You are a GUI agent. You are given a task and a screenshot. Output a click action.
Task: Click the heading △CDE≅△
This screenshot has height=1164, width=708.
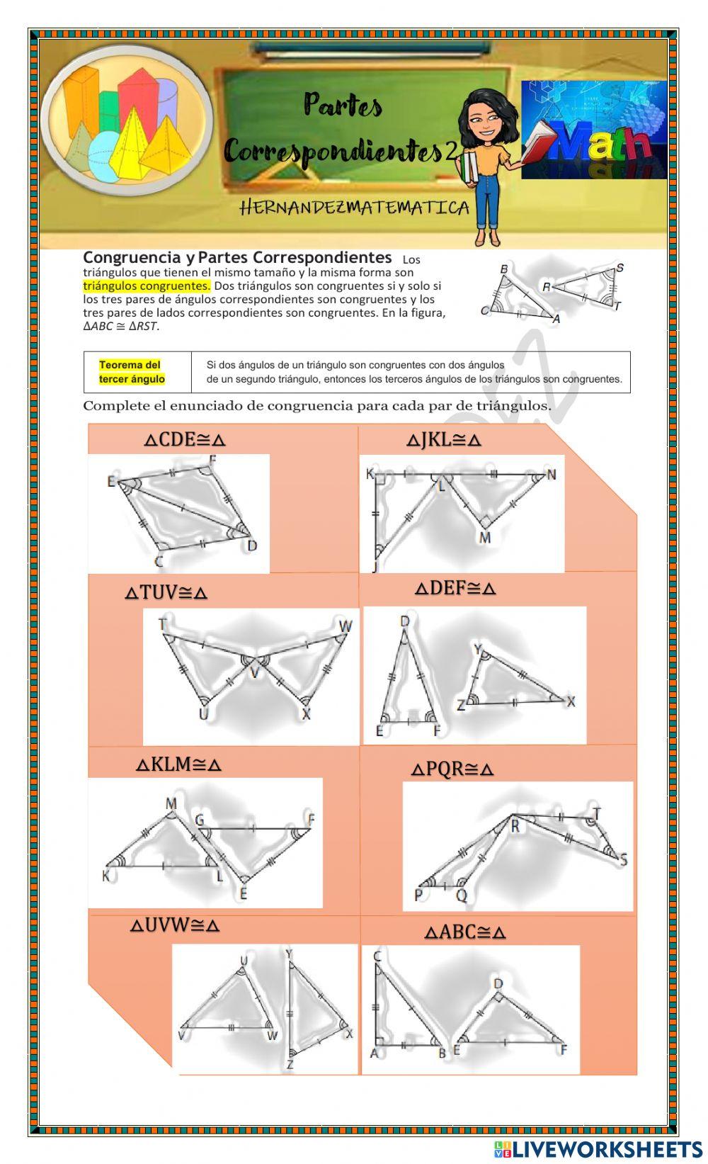click(185, 439)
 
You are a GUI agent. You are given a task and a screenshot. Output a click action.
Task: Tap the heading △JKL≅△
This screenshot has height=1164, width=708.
click(444, 440)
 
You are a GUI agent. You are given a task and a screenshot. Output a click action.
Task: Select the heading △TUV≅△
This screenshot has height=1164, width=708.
click(166, 592)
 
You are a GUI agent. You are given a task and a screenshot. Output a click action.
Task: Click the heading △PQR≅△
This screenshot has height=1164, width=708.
click(452, 769)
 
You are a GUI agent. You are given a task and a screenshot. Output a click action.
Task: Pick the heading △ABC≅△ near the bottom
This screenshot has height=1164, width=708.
click(465, 932)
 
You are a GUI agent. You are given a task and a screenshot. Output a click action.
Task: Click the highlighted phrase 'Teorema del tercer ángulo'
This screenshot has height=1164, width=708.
click(132, 372)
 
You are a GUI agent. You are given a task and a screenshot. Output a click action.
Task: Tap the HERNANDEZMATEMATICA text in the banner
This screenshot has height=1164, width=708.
click(354, 208)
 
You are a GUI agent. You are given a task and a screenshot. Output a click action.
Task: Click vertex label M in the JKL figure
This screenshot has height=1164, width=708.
click(485, 538)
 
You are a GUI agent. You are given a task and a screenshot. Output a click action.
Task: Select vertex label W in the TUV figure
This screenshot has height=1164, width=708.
click(345, 626)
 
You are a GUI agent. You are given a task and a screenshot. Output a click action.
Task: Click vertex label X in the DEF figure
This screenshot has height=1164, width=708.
click(571, 701)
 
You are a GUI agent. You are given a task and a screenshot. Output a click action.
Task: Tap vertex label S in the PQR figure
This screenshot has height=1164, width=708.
click(623, 860)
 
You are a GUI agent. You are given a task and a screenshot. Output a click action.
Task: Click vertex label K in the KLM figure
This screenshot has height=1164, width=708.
click(106, 876)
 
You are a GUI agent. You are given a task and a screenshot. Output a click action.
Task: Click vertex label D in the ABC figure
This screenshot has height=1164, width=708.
click(498, 983)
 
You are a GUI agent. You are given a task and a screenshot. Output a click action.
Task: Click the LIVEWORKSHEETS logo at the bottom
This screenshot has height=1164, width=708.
click(598, 1148)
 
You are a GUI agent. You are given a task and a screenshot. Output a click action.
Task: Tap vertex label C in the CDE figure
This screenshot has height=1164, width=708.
click(159, 562)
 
